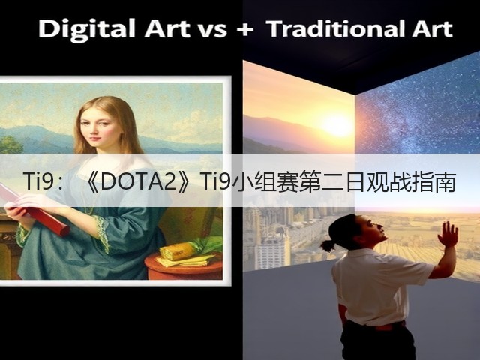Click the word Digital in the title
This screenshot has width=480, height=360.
click(x=87, y=29)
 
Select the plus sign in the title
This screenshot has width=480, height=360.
click(x=245, y=30)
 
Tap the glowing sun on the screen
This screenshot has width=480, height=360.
click(x=337, y=126)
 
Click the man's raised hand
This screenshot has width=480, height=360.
click(x=448, y=234)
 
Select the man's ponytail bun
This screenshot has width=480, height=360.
click(x=328, y=245)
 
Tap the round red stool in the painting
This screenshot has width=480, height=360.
click(x=184, y=265)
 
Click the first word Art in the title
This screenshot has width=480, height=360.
click(x=167, y=29)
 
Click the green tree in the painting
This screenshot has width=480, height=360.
click(x=10, y=145)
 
